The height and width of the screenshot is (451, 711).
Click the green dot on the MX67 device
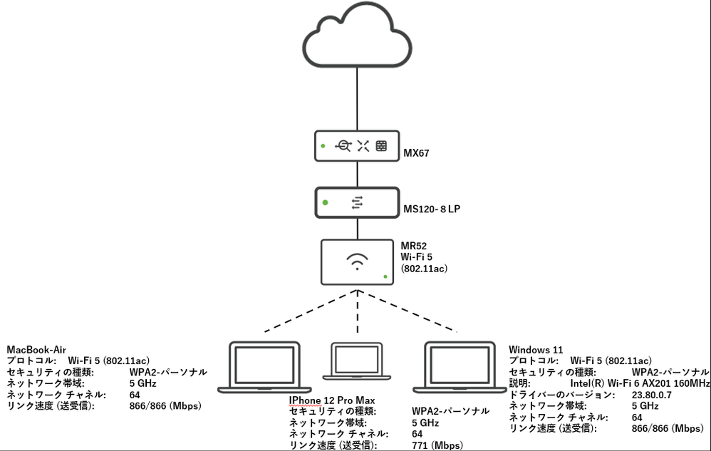click(323, 146)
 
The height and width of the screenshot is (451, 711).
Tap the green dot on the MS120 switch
click(325, 202)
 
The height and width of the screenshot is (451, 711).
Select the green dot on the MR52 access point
click(385, 276)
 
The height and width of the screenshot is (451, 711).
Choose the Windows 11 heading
click(536, 350)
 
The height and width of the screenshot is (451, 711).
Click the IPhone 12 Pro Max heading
click(331, 400)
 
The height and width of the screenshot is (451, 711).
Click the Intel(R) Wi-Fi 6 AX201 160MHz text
click(640, 383)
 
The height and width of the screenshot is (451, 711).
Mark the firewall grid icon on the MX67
click(381, 146)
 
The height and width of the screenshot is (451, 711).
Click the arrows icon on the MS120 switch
click(357, 203)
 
